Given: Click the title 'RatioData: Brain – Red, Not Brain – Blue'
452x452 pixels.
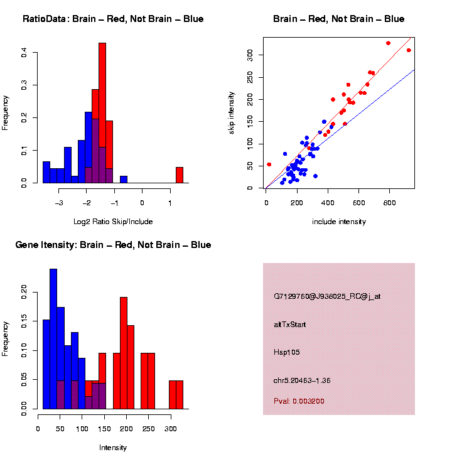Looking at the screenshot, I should coord(113,19).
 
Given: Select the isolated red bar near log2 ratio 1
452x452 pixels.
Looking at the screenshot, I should coord(179,175).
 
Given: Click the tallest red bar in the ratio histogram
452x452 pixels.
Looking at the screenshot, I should coord(102,113).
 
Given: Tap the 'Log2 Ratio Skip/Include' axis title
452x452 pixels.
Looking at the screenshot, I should coord(113,222).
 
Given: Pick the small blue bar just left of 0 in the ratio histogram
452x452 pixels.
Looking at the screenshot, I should coord(124,180).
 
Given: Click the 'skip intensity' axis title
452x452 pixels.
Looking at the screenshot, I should coord(232,112).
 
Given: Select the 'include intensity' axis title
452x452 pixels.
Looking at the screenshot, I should coord(339,222).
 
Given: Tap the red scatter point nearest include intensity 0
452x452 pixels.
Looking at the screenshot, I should coord(269,164).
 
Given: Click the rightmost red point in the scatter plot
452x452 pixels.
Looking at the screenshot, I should coord(409,50).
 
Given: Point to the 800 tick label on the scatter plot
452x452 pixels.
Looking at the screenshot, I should coord(389,202).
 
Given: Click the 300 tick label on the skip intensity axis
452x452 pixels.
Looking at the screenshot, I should coord(250,55).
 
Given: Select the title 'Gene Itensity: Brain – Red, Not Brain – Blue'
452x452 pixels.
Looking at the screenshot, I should coord(113,245).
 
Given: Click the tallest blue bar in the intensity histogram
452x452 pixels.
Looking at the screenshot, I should coord(53,339).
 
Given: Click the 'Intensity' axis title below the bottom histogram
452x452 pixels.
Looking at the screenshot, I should coord(113,448).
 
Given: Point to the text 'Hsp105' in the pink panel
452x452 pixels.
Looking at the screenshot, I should coord(287,352).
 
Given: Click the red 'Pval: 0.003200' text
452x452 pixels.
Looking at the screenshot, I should coord(299,401).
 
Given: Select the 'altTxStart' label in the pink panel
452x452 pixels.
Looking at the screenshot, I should coord(289,325).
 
